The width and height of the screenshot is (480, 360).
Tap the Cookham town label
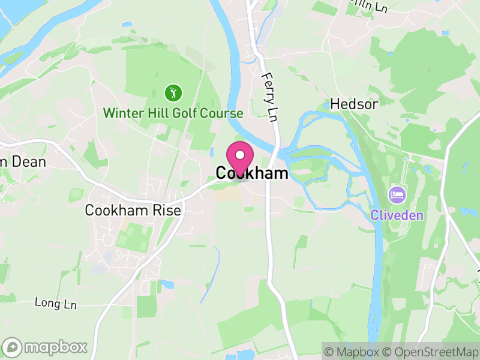pyautogui.click(x=252, y=173)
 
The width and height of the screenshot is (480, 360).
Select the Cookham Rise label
pyautogui.click(x=133, y=211)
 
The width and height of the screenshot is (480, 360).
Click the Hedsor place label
pyautogui.click(x=354, y=104)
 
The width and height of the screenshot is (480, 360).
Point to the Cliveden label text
pyautogui.click(x=397, y=215)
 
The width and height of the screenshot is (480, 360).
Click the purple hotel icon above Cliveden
pyautogui.click(x=397, y=194)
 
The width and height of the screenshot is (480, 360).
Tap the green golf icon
pyautogui.click(x=173, y=93)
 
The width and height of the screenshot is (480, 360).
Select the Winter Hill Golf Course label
pyautogui.click(x=173, y=113)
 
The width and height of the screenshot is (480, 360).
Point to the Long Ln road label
pyautogui.click(x=56, y=304)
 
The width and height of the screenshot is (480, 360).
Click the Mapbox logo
pyautogui.click(x=45, y=347)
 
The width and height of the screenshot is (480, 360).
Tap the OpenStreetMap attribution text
pyautogui.click(x=430, y=351)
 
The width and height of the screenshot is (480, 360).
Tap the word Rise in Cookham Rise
pyautogui.click(x=168, y=211)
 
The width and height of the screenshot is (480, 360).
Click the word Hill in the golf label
pyautogui.click(x=156, y=113)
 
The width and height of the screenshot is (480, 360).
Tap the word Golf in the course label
pyautogui.click(x=185, y=113)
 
